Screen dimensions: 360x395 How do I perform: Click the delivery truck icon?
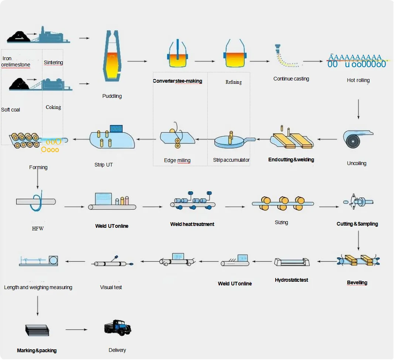pos(118,328)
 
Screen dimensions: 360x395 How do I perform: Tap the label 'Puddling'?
pos(112,96)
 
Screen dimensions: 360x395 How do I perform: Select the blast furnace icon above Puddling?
pos(112,55)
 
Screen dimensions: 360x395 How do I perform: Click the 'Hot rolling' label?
pos(358,80)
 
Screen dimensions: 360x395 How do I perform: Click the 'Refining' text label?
pos(234,82)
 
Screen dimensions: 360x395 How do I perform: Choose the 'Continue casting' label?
pos(291,79)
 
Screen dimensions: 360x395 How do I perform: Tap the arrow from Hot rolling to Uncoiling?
pos(358,109)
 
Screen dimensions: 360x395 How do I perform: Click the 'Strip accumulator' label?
pos(231,160)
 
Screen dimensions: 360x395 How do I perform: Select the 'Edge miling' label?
pos(177,160)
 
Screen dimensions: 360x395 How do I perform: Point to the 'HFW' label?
pos(38,229)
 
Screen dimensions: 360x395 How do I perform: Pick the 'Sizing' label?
pos(281,222)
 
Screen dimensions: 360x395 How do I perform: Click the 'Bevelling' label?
pos(357,282)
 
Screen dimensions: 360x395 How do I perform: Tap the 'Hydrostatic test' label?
pos(292,280)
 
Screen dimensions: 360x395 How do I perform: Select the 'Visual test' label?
pos(111,287)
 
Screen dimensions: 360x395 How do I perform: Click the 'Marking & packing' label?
pos(37,350)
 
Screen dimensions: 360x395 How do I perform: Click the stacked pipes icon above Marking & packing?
pos(37,329)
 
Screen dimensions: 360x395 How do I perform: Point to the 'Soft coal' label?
pos(11,110)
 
